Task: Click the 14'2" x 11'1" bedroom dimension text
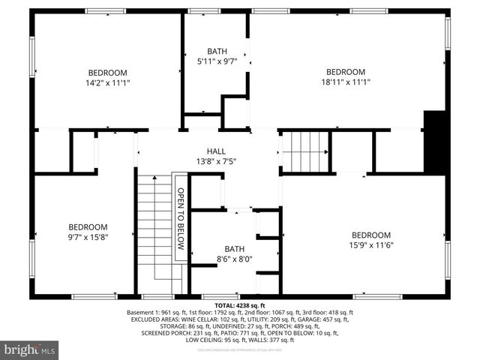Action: click(108, 83)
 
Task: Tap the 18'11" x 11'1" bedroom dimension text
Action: click(345, 82)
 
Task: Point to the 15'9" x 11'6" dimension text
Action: click(370, 244)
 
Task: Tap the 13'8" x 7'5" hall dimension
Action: click(216, 160)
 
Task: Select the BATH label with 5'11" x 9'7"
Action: click(216, 51)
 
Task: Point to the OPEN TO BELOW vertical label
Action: click(180, 217)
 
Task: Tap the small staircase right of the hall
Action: click(305, 152)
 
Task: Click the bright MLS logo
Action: click(30, 349)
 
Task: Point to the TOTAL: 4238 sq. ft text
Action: click(240, 306)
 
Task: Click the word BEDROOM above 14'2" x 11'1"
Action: click(108, 73)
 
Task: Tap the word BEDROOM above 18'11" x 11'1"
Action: click(345, 72)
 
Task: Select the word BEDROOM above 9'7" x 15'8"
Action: click(88, 227)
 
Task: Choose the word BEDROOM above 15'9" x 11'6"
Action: click(370, 235)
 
